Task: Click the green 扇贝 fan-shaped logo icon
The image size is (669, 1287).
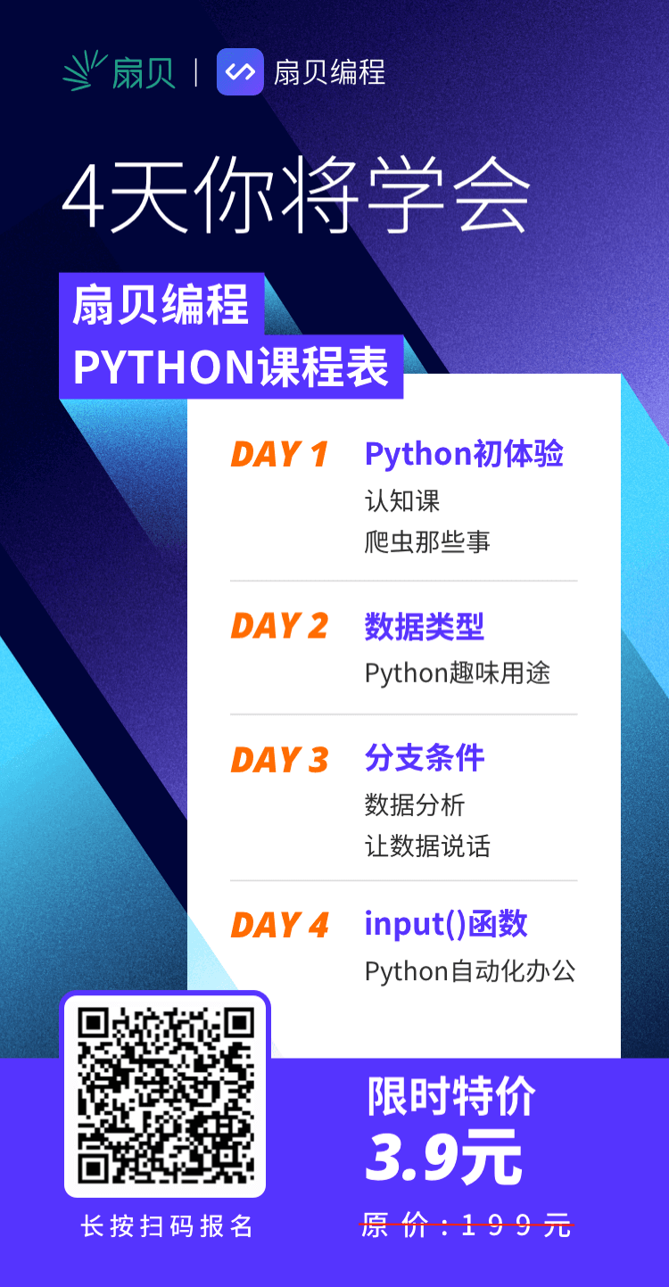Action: (85, 70)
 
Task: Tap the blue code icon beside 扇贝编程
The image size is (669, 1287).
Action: (240, 72)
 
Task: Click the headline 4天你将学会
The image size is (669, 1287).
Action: (295, 194)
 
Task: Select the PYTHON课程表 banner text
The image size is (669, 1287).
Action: (231, 367)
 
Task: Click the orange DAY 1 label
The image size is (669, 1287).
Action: (279, 455)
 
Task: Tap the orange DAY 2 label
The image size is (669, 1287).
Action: (279, 626)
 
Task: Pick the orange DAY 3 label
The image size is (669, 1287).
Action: (279, 760)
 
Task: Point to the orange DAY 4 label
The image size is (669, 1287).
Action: (279, 925)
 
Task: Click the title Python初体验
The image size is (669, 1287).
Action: (465, 455)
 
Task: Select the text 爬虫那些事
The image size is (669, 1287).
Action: (427, 541)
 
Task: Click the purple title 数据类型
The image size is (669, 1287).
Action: (425, 626)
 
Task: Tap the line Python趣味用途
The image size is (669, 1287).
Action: (458, 673)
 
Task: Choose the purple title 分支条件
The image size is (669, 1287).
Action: (425, 758)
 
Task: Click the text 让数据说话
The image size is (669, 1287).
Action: (427, 846)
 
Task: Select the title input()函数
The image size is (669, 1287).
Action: (446, 924)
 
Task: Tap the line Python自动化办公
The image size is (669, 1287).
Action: (470, 971)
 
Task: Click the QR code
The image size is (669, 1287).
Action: (166, 1095)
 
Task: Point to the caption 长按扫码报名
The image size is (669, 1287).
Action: (167, 1226)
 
